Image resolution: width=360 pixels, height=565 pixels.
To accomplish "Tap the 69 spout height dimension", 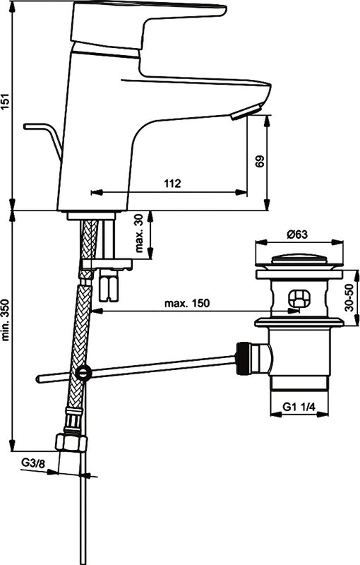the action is click(x=259, y=161).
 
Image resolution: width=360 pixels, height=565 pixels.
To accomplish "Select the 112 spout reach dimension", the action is click(x=172, y=184).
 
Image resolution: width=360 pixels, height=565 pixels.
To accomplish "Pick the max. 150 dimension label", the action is click(x=186, y=303).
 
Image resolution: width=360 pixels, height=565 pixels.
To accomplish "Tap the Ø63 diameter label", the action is click(x=297, y=234).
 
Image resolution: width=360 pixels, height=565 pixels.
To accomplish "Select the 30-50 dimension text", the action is click(x=349, y=297).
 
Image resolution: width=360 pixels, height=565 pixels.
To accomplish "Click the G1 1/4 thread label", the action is click(x=299, y=408).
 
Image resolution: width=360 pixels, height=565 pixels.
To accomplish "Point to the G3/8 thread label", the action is click(x=33, y=463).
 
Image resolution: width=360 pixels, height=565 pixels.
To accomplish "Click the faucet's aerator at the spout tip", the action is click(x=248, y=112).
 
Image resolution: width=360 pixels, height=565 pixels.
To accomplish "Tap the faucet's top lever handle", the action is click(x=148, y=25).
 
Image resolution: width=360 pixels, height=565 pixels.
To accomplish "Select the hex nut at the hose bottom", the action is click(x=71, y=443).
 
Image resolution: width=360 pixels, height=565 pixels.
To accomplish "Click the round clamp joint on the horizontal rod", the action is click(x=84, y=372).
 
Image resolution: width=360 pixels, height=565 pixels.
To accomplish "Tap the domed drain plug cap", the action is click(x=299, y=259).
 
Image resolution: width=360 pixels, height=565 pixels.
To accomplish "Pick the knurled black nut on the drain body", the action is click(x=241, y=359).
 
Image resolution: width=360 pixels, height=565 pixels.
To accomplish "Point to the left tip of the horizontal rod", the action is click(x=37, y=379).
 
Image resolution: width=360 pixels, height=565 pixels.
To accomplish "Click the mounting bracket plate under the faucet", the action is click(x=107, y=265).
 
